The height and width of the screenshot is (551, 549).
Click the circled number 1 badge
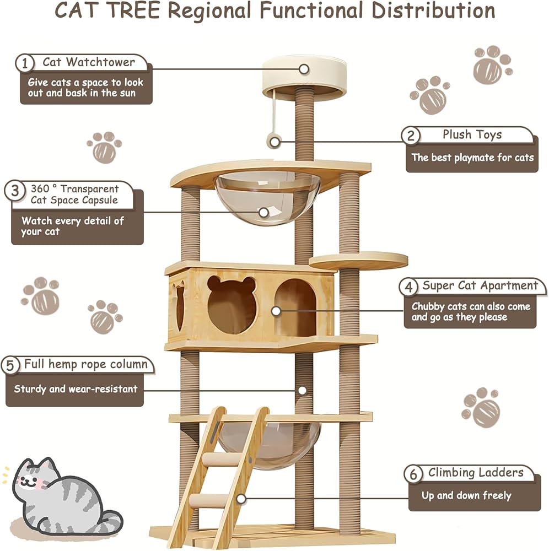pyautogui.click(x=24, y=63)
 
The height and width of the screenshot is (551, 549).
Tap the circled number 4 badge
pyautogui.click(x=408, y=287)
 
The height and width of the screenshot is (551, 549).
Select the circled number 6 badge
pyautogui.click(x=413, y=474)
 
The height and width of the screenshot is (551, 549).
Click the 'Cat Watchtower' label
pyautogui.click(x=88, y=62)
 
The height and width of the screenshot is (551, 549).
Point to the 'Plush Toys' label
pyautogui.click(x=472, y=134)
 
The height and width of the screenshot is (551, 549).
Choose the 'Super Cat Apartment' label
pyautogui.click(x=480, y=285)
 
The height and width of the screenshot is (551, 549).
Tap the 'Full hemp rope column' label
pyautogui.click(x=86, y=364)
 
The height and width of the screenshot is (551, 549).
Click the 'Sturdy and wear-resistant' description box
pyautogui.click(x=76, y=389)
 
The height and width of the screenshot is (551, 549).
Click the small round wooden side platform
pyautogui.click(x=359, y=260)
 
